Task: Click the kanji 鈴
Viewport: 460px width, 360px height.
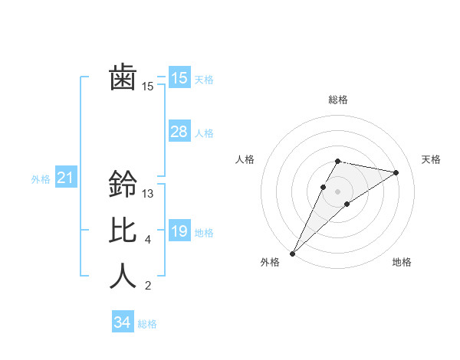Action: pyautogui.click(x=123, y=185)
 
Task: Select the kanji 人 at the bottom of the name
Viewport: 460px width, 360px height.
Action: pyautogui.click(x=123, y=277)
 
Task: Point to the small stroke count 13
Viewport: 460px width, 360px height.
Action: pyautogui.click(x=148, y=194)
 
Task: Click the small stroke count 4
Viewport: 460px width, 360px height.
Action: pyautogui.click(x=148, y=240)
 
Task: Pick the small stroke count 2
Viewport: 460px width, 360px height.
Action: pyautogui.click(x=148, y=286)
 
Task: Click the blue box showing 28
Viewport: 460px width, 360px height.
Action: pyautogui.click(x=179, y=132)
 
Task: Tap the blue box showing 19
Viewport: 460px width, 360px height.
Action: pyautogui.click(x=179, y=231)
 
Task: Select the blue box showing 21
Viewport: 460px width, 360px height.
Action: pyautogui.click(x=66, y=178)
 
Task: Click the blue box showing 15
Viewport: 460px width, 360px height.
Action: pyautogui.click(x=179, y=78)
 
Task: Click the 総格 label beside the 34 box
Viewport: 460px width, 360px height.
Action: pyautogui.click(x=147, y=324)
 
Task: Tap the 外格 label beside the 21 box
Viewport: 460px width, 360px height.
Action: pyautogui.click(x=41, y=179)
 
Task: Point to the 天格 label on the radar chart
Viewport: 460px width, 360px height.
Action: pyautogui.click(x=431, y=159)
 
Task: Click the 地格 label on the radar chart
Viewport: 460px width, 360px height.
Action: pyautogui.click(x=402, y=263)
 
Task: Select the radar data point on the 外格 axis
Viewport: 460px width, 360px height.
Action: pyautogui.click(x=292, y=253)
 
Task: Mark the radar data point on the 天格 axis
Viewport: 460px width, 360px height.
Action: pyautogui.click(x=396, y=172)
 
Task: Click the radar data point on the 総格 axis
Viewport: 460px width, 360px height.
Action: pyautogui.click(x=337, y=161)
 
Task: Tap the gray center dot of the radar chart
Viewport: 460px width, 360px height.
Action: pyautogui.click(x=337, y=191)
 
